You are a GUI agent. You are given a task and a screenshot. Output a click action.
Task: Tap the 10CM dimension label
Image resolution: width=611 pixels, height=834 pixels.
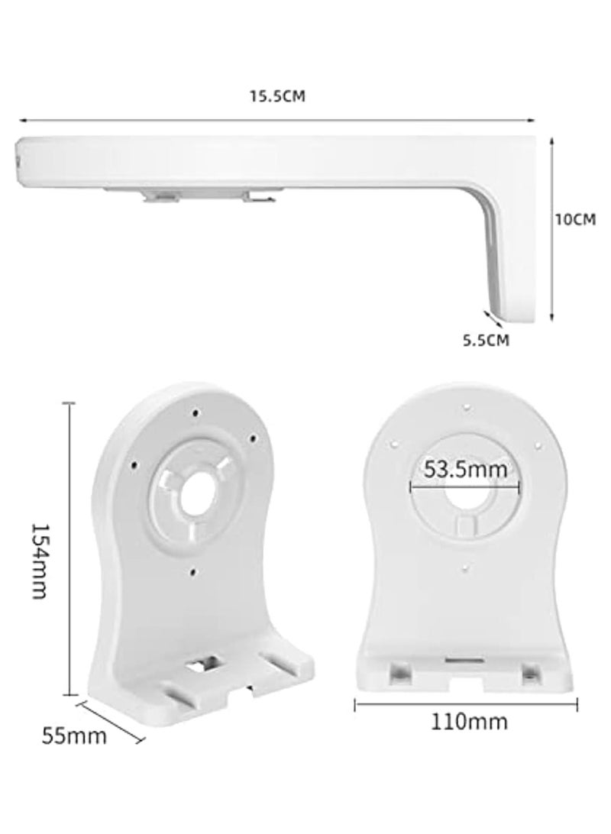tap(574, 219)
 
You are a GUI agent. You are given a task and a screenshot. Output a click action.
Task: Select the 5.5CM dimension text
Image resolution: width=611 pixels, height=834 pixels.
tap(485, 341)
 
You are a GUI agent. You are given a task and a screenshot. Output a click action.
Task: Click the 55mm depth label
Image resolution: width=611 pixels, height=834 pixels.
tap(74, 736)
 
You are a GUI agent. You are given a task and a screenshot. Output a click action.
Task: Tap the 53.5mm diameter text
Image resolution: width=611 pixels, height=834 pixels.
tap(465, 469)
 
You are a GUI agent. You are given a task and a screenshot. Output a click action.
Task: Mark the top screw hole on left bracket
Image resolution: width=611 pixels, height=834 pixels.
tap(197, 413)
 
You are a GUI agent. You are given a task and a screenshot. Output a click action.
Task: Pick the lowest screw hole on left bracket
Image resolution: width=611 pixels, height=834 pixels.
tap(195, 571)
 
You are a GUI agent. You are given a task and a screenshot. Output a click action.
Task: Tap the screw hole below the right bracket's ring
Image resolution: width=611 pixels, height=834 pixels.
tap(466, 567)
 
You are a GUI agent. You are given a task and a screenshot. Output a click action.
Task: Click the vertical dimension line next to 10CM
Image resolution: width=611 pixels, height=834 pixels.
tap(551, 228)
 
